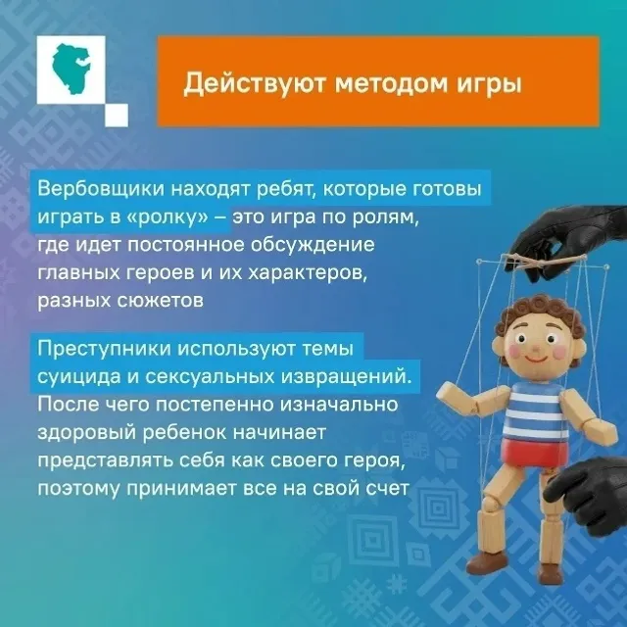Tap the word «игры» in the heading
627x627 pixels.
[x=484, y=84]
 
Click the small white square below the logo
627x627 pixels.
[x=116, y=116]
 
